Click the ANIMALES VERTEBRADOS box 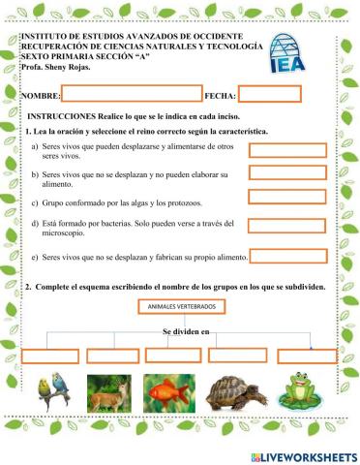coord(181,307)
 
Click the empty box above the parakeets coord(50,356)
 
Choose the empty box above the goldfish coord(173,356)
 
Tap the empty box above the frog coord(307,356)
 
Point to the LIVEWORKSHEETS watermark coord(303,454)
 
